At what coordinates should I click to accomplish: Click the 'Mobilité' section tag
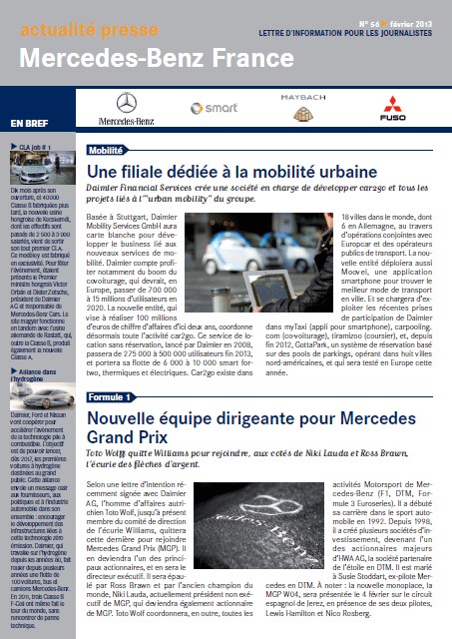pos(112,150)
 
